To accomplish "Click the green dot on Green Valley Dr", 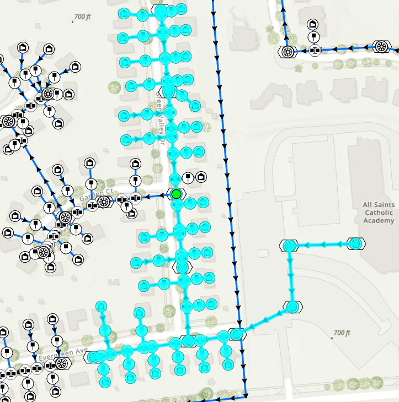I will coord(176,194).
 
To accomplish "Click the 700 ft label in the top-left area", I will coord(80,18).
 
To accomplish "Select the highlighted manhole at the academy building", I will coord(356,243).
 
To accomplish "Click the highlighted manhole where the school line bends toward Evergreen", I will coord(292,307).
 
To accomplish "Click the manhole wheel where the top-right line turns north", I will coord(287,52).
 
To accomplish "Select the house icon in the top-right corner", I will coord(312,24).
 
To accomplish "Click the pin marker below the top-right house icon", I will coord(314,37).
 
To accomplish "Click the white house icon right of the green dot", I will coord(201,177).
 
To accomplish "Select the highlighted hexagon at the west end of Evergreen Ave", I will coord(92,357).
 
